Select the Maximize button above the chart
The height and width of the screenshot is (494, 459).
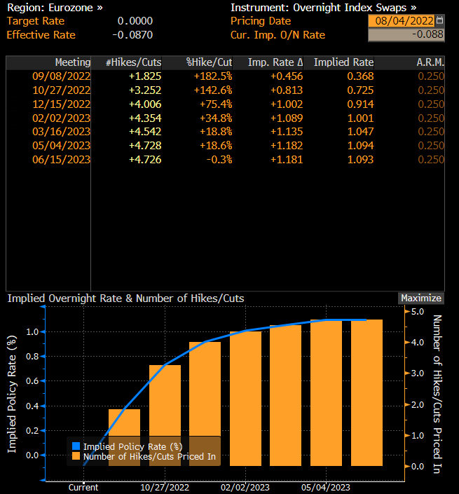[x=420, y=299]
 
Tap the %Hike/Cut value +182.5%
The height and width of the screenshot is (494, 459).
[x=209, y=76]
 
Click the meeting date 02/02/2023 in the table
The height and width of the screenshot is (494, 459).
[x=62, y=118]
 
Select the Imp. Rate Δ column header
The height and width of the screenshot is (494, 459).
[x=275, y=62]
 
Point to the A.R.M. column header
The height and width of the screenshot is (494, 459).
[x=430, y=62]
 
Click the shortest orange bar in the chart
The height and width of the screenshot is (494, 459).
[x=124, y=437]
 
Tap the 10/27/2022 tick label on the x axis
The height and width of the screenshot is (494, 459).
[x=165, y=487]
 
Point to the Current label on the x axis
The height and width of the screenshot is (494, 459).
[x=83, y=487]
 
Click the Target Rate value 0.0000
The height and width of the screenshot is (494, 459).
[x=135, y=21]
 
